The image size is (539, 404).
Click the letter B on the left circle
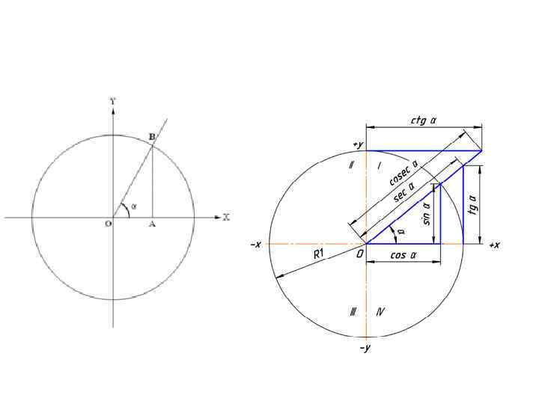(x=152, y=137)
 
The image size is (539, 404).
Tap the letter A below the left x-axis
(x=152, y=224)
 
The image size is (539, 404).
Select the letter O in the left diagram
(x=109, y=224)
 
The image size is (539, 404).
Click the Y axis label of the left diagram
(x=113, y=101)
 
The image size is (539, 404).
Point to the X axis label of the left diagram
(x=226, y=217)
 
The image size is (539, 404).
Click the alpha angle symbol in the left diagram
(x=134, y=206)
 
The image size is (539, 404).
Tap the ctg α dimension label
(x=424, y=120)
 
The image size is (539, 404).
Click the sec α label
(x=404, y=192)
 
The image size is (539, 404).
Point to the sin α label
(x=427, y=214)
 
